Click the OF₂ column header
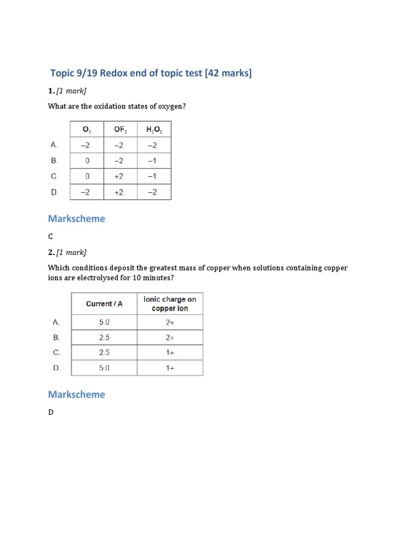click(120, 129)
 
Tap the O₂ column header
click(87, 129)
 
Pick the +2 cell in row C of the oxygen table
click(120, 176)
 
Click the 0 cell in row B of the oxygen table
click(87, 160)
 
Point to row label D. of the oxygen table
click(54, 192)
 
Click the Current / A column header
click(104, 304)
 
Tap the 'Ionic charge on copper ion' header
click(169, 303)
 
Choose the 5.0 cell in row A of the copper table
click(104, 322)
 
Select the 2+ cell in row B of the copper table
click(169, 337)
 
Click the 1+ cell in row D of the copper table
click(169, 368)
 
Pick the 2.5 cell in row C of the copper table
click(104, 352)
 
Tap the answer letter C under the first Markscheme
click(50, 236)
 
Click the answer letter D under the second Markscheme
click(51, 412)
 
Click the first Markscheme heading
click(76, 218)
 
